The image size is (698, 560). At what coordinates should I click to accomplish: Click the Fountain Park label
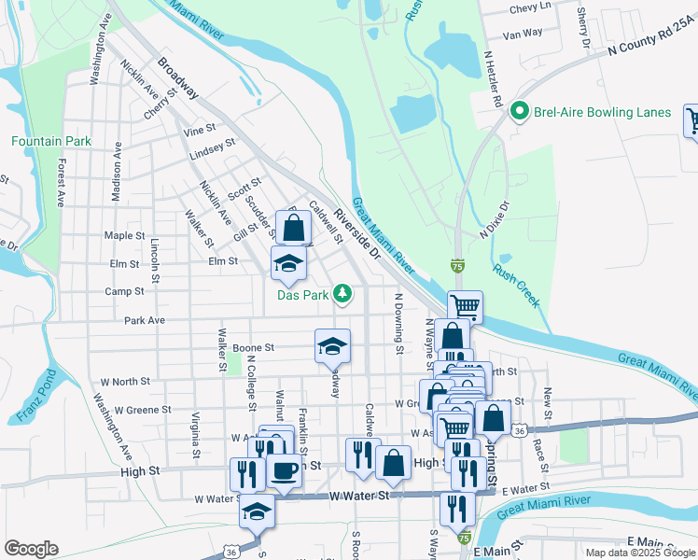point(51,141)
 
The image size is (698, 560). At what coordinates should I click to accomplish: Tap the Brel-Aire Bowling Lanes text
point(602,113)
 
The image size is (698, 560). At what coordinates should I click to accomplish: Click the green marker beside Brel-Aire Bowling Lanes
point(521,113)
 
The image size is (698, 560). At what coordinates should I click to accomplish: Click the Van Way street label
point(523,34)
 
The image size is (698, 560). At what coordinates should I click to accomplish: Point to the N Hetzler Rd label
point(494,77)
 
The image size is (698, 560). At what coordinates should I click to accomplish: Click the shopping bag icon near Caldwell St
point(293,228)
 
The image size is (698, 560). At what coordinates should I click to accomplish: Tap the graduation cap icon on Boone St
point(332,346)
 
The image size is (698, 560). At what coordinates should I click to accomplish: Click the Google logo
point(31,549)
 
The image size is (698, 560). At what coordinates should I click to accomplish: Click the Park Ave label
point(145,320)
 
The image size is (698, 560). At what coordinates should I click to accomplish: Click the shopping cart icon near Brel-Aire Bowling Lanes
point(692,120)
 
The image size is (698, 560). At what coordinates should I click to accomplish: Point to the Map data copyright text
point(640,553)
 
